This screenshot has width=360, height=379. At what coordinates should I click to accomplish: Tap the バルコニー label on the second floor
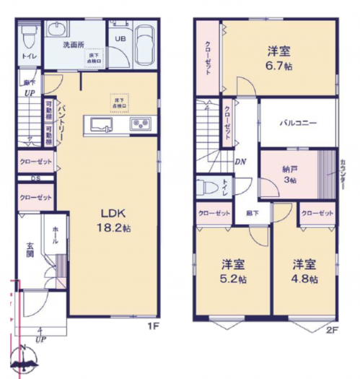(299, 123)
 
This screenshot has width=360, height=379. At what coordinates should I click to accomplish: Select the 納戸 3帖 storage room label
(290, 174)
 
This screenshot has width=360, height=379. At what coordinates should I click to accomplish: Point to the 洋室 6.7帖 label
(280, 57)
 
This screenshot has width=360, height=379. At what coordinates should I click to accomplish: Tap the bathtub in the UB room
(144, 44)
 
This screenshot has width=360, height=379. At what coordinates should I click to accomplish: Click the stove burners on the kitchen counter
(140, 125)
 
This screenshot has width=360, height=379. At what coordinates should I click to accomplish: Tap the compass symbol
(23, 365)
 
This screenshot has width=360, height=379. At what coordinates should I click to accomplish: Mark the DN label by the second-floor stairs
(241, 162)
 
